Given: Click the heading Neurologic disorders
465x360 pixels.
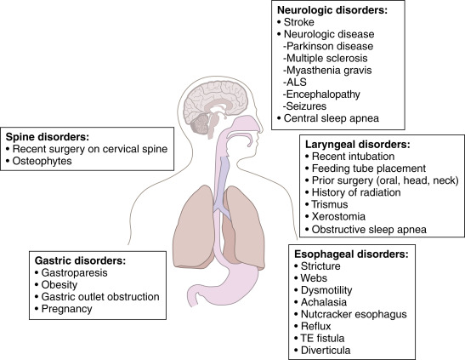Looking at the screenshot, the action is tap(332, 10).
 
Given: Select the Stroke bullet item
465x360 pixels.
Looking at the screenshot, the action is tap(299, 22).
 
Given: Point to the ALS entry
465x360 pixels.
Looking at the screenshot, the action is tap(295, 83).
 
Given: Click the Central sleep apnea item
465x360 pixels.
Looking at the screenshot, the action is tap(332, 118).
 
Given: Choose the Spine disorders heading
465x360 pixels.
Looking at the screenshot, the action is tap(48, 137).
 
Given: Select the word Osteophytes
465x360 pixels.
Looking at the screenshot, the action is tap(43, 161).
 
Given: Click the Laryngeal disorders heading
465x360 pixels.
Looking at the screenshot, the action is tap(358, 145).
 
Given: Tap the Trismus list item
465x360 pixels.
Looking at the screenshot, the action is tap(330, 204).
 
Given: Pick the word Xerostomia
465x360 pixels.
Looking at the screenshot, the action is tap(338, 216).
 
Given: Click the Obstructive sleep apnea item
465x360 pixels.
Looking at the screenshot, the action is tap(369, 230).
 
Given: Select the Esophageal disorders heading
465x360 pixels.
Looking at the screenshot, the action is tap(351, 254).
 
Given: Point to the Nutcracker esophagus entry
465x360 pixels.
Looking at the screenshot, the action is tap(354, 314).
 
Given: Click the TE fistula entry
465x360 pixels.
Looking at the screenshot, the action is tap(323, 338).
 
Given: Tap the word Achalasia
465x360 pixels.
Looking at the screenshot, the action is tap(324, 302).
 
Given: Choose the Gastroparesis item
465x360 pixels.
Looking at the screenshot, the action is tap(75, 272).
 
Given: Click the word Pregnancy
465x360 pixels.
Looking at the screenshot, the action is tap(67, 309).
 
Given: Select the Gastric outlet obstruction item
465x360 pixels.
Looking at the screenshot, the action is tap(100, 297).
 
